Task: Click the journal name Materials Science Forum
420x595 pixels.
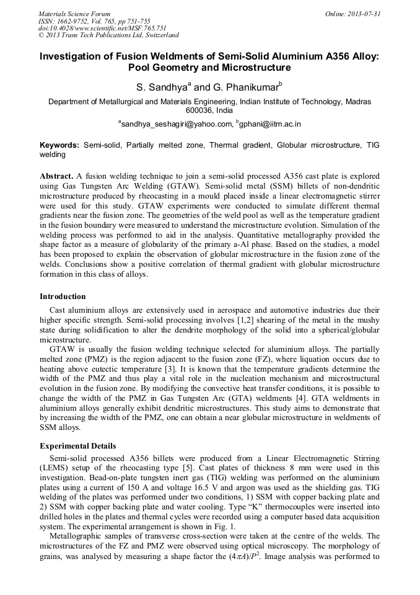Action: pos(74,13)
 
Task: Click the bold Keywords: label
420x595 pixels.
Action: pos(59,145)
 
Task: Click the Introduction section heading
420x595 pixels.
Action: pos(63,297)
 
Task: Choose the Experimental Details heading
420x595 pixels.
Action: pos(77,445)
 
